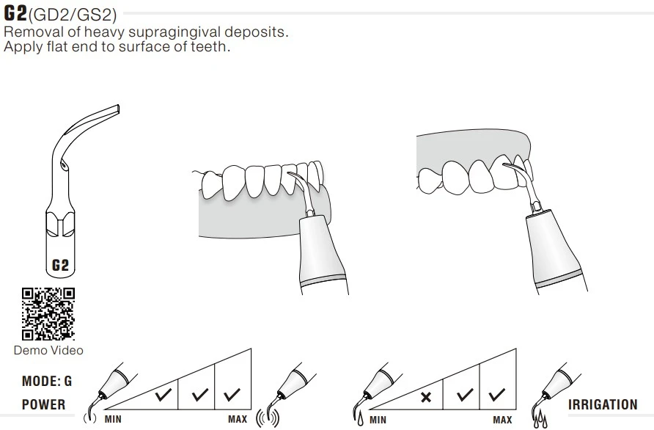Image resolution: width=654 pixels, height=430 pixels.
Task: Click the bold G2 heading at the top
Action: pos(15,13)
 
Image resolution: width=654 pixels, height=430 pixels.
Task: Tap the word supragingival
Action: pos(174,32)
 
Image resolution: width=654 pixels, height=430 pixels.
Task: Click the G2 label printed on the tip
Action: pos(60,265)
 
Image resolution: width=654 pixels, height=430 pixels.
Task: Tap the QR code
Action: pos(48,313)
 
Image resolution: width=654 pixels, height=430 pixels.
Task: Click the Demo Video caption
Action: pos(48,350)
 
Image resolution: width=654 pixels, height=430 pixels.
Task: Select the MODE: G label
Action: pos(47,381)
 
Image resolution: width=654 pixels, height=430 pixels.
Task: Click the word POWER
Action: pos(43,404)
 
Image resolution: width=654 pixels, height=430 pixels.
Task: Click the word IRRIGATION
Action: pos(603,404)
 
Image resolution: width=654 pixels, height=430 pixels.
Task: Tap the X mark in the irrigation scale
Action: pos(426,397)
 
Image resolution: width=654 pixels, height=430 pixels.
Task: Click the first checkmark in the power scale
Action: pos(163,395)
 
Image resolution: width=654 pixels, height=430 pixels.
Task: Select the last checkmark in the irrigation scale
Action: pos(497,395)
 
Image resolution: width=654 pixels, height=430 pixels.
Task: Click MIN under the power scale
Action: pos(113,419)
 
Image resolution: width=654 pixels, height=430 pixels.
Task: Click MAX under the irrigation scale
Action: pos(502,420)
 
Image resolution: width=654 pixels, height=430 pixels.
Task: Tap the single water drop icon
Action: pos(360,419)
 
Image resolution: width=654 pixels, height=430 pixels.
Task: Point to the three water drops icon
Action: pos(540,419)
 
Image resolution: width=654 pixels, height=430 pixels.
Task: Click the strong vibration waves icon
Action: pos(268,418)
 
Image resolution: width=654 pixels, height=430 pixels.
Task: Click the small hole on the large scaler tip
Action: pos(63,165)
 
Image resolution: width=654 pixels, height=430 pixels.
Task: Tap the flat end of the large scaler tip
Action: pos(118,109)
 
